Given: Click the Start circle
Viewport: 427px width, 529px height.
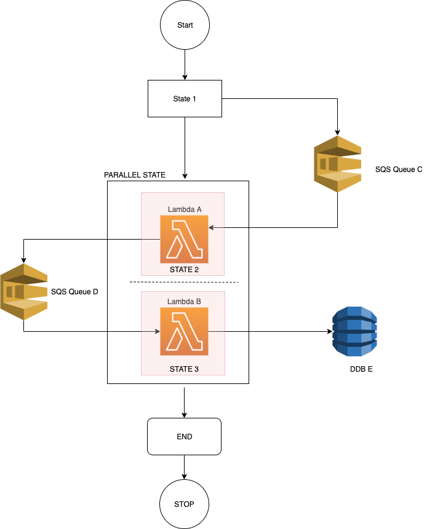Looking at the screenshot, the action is tap(185, 25).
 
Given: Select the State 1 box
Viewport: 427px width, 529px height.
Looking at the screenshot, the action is tap(185, 98).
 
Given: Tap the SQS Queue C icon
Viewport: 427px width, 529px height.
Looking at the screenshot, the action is tap(338, 164).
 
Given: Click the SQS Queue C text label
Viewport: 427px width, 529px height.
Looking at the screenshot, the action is tap(399, 170).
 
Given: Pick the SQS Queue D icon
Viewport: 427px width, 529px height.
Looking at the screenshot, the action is tap(23, 291).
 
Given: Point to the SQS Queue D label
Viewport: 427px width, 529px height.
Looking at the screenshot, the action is tap(74, 291).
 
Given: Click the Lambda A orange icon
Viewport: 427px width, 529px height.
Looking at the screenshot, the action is tap(184, 239).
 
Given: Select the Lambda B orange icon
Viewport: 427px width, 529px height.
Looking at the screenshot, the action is tap(184, 331).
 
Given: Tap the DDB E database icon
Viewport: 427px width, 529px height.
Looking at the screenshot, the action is tap(355, 331).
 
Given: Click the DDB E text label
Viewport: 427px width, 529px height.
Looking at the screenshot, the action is tap(361, 369).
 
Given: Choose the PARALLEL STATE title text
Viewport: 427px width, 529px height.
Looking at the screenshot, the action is tap(135, 174).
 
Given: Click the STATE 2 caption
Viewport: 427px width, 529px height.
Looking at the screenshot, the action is tap(184, 270).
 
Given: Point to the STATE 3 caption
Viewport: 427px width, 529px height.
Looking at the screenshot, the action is tap(184, 369).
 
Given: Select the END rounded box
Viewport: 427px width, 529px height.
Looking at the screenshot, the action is tap(184, 437).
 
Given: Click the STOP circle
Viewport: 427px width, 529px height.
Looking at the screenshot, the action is tap(184, 504).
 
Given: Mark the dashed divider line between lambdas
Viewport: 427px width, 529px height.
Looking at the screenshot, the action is tap(184, 282).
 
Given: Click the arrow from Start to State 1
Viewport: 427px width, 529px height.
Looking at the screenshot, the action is tap(185, 65).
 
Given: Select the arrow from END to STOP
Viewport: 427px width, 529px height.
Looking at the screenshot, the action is tap(184, 468).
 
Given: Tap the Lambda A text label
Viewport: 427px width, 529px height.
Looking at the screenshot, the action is tap(185, 210).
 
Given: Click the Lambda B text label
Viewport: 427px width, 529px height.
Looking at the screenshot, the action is tap(184, 302).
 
